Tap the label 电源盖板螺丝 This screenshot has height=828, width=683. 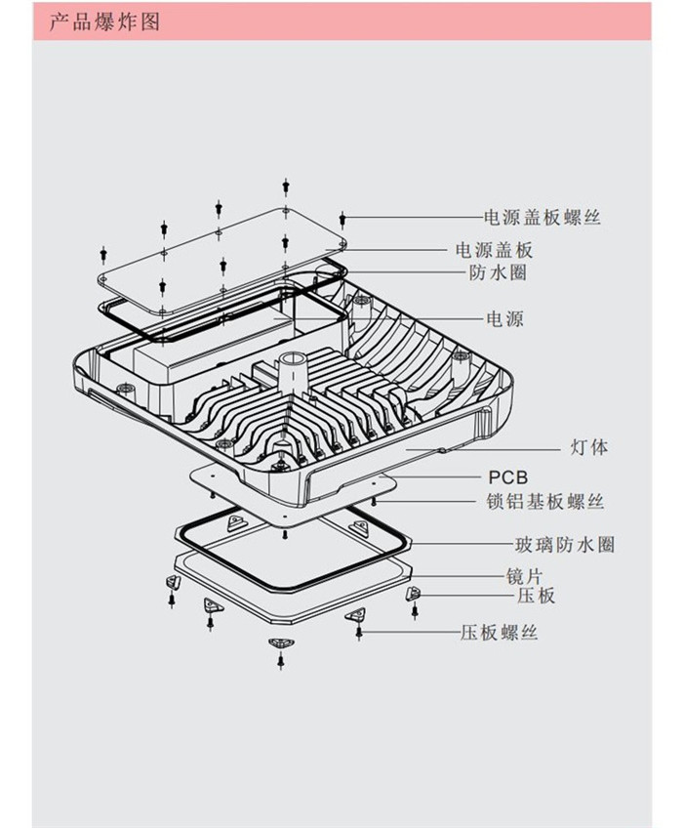click(542, 217)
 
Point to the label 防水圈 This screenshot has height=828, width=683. click(498, 272)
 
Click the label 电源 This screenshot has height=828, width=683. click(504, 318)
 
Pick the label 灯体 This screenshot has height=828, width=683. click(588, 448)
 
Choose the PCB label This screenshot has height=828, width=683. click(507, 477)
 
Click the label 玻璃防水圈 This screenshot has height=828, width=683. click(565, 545)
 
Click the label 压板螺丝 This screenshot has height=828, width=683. click(499, 633)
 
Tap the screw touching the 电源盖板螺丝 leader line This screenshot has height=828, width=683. click(343, 218)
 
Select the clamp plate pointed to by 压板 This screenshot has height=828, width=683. click(413, 593)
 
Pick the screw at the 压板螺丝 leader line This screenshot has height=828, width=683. click(359, 633)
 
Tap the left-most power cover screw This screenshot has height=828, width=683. click(102, 256)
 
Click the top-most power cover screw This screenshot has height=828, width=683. click(285, 185)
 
